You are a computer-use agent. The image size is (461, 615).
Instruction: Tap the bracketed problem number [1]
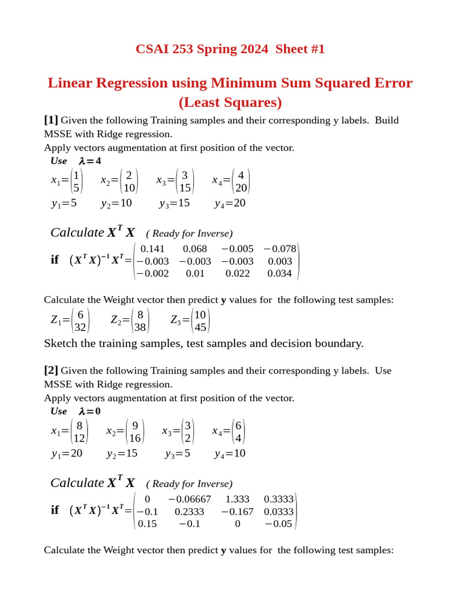tap(51, 120)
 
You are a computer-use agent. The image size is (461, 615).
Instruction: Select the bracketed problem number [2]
tap(51, 371)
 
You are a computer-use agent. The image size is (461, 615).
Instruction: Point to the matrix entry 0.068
tap(194, 249)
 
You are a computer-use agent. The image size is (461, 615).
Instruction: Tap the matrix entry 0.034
tap(280, 273)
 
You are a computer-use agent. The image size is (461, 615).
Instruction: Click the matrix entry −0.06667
tap(189, 499)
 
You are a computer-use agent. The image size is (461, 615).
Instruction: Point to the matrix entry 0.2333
tap(189, 512)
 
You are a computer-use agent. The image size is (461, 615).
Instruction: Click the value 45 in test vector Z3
tap(200, 328)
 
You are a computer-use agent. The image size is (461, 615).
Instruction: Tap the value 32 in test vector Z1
tap(80, 328)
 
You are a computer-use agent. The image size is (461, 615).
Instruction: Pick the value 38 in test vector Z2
tap(140, 328)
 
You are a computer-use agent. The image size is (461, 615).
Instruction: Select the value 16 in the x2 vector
tap(135, 438)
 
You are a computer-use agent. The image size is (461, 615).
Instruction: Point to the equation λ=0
tap(89, 411)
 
